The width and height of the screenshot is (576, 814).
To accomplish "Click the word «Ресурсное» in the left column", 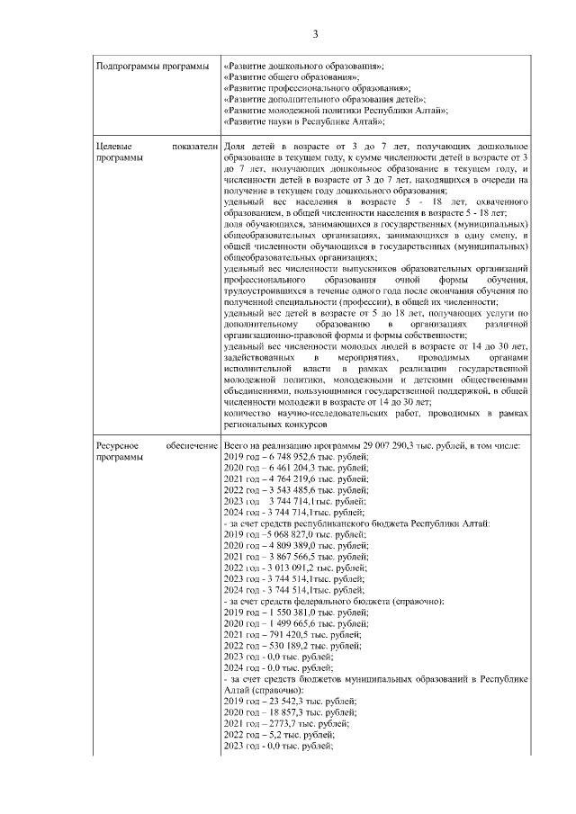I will [x=120, y=447].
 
